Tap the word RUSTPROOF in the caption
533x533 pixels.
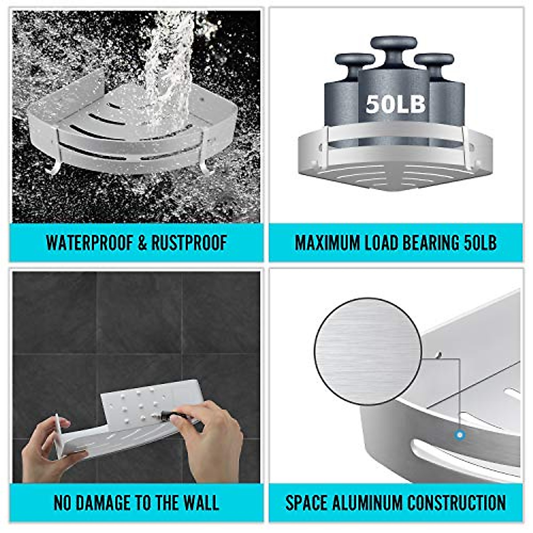189,243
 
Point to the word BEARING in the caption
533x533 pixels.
431,243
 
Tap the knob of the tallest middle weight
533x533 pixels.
394,44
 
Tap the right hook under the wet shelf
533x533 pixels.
205,168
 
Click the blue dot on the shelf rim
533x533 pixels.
460,434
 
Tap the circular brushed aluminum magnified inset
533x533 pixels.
367,351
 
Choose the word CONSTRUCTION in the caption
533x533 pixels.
457,503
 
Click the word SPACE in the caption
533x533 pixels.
305,503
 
